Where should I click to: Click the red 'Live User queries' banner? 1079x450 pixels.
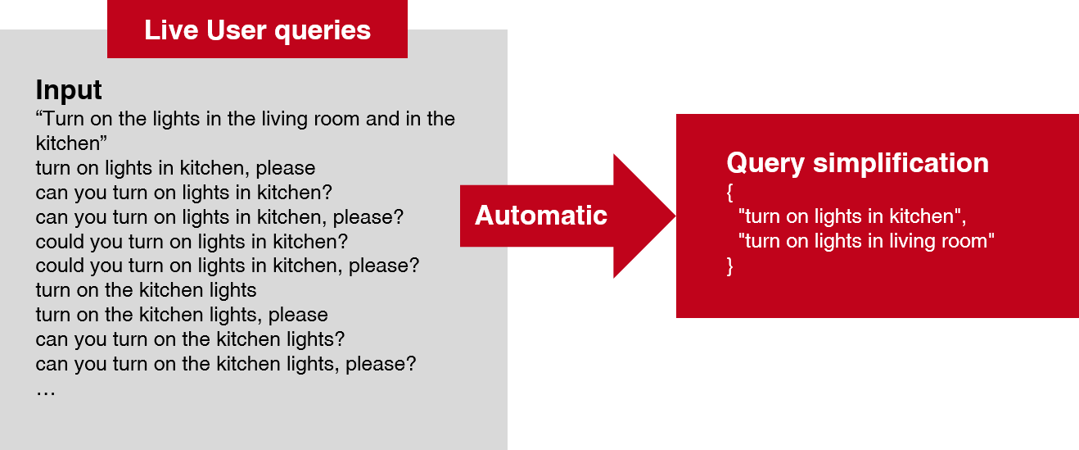[257, 30]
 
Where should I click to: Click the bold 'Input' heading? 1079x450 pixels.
[69, 89]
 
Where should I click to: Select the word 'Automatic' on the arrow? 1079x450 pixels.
[541, 216]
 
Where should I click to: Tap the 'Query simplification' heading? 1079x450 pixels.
[857, 163]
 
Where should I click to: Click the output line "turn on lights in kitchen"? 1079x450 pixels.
[852, 217]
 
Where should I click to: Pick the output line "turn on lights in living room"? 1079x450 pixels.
[866, 241]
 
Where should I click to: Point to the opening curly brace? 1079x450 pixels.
[730, 193]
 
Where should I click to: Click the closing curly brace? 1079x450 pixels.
[730, 266]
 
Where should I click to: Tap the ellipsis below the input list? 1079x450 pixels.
[46, 389]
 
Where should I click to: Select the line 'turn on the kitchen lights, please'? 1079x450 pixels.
[182, 315]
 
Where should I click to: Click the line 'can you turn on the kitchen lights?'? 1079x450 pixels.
[190, 339]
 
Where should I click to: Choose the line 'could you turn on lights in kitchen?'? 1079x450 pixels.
[192, 242]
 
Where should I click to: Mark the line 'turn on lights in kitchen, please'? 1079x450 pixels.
[175, 168]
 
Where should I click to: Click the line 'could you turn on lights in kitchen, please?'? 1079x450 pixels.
[228, 266]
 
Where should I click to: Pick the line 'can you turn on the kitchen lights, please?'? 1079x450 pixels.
[226, 364]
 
